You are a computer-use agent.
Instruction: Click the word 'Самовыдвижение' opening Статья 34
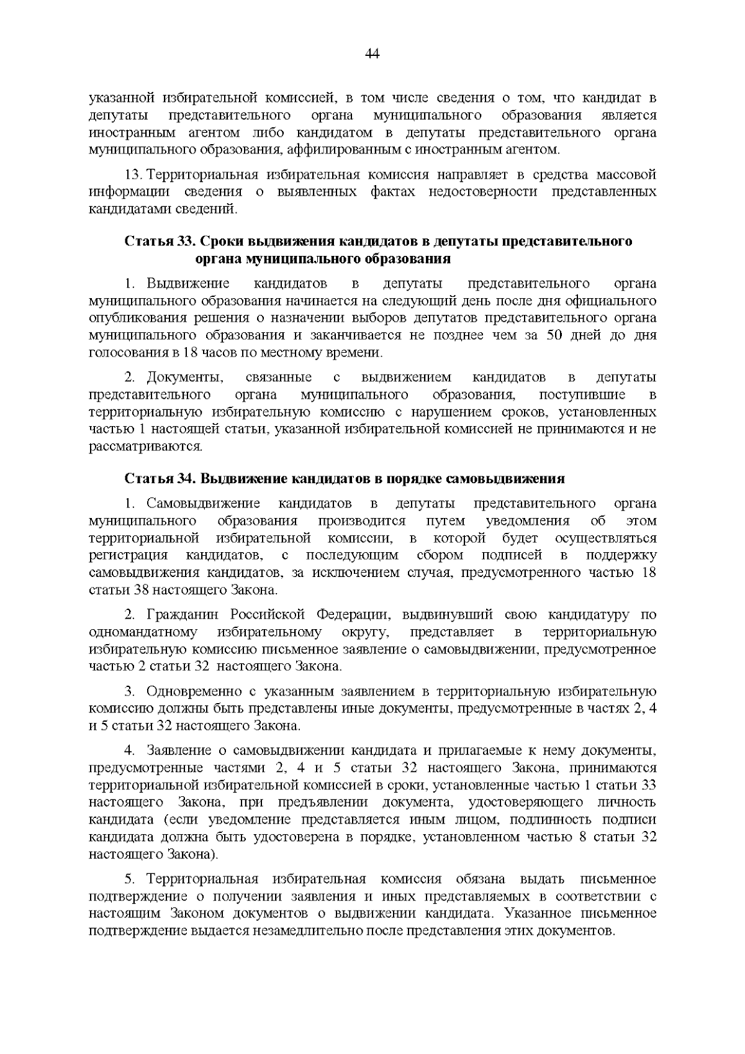pyautogui.click(x=203, y=503)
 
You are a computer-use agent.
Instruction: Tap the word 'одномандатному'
pyautogui.click(x=143, y=632)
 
